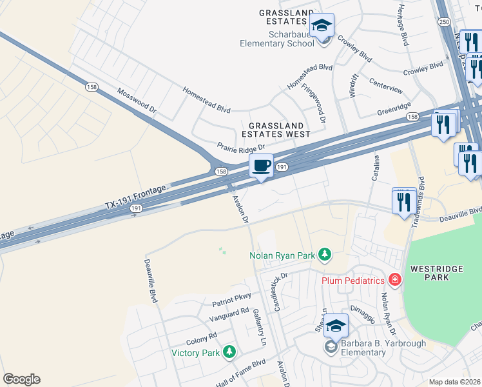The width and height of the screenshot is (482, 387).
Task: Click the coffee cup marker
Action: [261, 166]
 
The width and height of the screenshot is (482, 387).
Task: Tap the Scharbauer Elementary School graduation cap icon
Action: [321, 26]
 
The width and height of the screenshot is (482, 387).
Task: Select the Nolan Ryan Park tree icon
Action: [325, 255]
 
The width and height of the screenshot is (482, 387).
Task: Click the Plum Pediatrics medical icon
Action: [394, 280]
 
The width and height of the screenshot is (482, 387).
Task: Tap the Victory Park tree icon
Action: [228, 352]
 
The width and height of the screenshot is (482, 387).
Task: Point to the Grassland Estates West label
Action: [276, 130]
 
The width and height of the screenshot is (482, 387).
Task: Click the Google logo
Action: [21, 379]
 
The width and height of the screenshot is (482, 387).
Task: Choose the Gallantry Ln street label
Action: [260, 328]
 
